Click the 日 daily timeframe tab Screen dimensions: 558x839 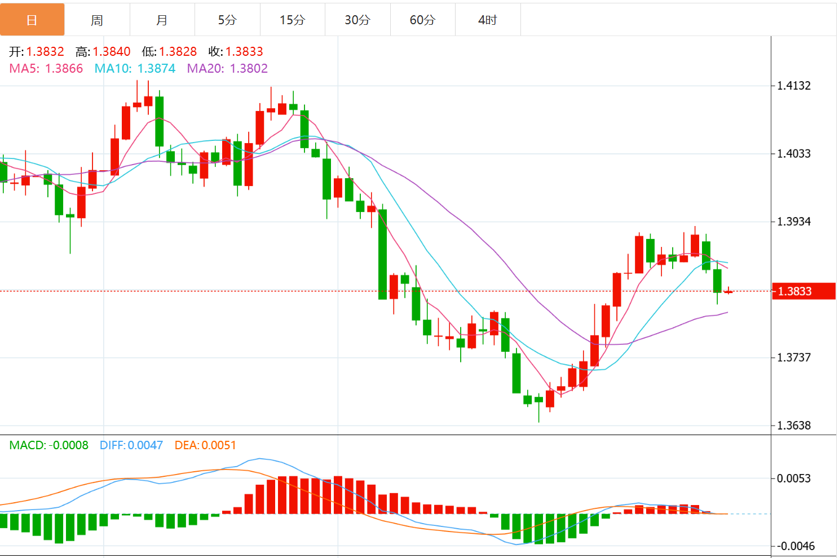(x=32, y=20)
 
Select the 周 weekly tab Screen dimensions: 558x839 (x=97, y=20)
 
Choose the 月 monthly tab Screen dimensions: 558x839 (x=162, y=20)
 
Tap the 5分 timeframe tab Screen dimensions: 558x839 (x=227, y=20)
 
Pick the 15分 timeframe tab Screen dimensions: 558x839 (x=292, y=20)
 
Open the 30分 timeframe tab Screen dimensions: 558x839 (x=357, y=20)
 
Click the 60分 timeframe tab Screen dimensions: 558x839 (x=422, y=20)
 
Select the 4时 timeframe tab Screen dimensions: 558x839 (x=488, y=20)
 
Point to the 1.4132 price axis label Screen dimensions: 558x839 (x=794, y=86)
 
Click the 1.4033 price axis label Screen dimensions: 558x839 (x=794, y=153)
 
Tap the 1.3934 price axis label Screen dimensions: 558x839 (x=794, y=222)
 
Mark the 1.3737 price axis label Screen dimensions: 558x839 (x=794, y=357)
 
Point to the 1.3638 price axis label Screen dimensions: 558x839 (x=794, y=426)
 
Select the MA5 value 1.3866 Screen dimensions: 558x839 (x=64, y=69)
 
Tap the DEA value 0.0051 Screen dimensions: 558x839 (x=219, y=445)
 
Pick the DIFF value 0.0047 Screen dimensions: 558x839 (x=145, y=445)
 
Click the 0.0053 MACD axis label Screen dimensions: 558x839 (x=794, y=479)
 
